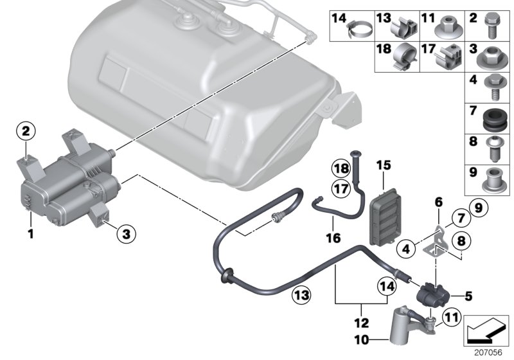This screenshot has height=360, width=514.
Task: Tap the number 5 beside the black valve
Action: pyautogui.click(x=468, y=296)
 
